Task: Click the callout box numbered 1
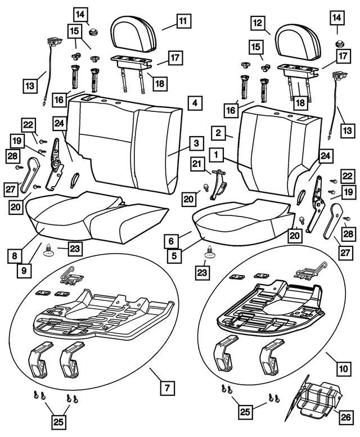pos(216,153)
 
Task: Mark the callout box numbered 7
pos(167,388)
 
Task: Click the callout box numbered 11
pos(182,22)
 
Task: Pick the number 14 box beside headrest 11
pos(80,13)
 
